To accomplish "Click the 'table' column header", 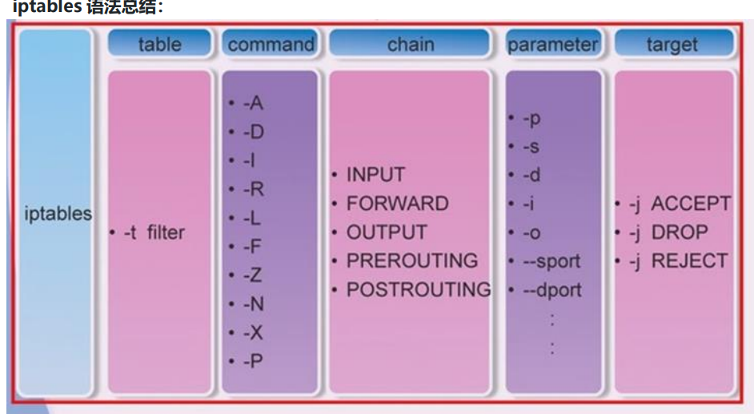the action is coord(159,44).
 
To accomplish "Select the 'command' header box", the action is coord(270,44).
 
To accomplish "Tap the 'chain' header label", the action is coord(410,44).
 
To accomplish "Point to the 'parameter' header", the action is coord(553,44).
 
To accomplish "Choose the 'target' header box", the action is coord(672,44).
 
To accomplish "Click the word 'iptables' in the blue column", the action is coord(58,215).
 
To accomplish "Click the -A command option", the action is coord(253,103).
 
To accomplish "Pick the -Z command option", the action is coord(253,275).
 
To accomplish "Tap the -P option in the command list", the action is coord(253,361).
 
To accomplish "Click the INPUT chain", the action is coord(375,175).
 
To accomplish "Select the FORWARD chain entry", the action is coord(397,203).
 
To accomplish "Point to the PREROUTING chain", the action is coord(411,261).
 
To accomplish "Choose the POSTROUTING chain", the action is coord(418,290).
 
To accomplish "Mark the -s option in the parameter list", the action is coord(531,147).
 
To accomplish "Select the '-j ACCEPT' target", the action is coord(680,204).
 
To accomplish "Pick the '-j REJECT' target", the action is coord(678,261).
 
